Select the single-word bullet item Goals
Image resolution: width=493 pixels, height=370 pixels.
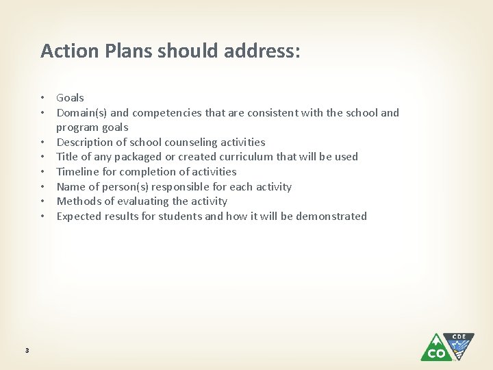[70, 98]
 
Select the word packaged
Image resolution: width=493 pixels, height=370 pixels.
[133, 157]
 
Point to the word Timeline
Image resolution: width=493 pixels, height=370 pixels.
[77, 172]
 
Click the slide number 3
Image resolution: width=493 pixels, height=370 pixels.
[27, 351]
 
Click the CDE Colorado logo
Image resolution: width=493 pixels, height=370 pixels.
[446, 347]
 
